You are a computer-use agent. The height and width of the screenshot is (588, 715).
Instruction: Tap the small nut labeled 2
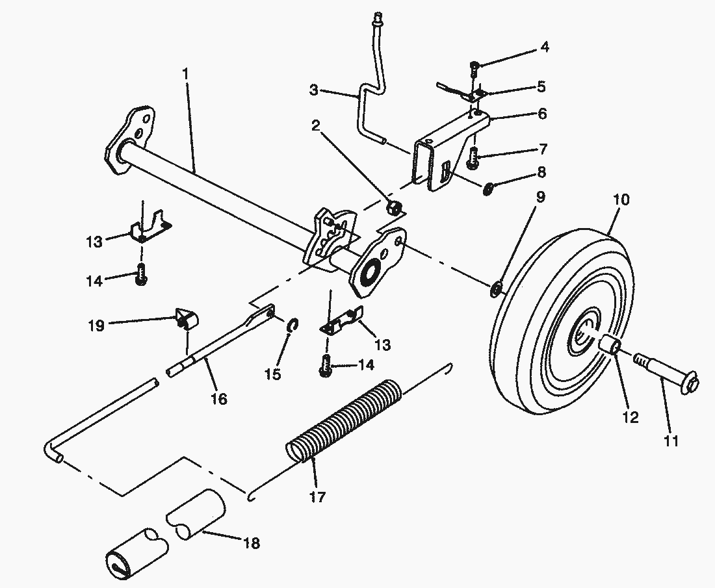394,207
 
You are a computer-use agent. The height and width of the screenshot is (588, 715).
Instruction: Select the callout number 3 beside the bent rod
314,90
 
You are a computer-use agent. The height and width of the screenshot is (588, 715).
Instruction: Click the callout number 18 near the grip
251,543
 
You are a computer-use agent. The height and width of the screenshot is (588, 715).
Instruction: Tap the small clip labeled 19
187,319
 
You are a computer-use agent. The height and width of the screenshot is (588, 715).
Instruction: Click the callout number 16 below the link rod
219,398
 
